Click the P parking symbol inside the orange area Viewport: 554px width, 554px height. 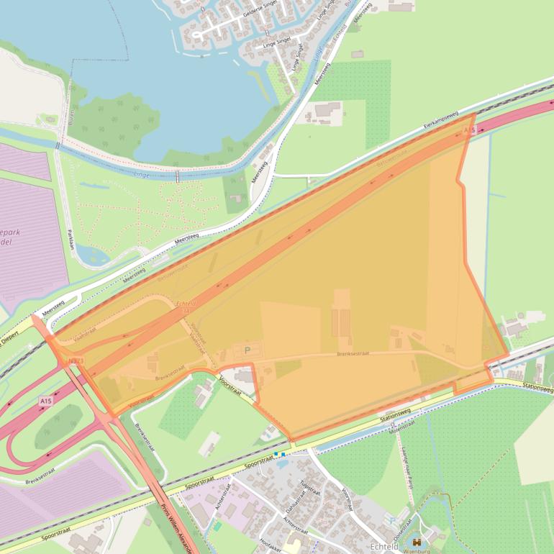248,350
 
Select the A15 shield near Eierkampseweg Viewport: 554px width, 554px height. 470,130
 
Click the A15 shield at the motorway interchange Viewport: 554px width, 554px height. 46,400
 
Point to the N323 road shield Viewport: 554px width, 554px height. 76,360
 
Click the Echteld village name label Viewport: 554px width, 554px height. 384,548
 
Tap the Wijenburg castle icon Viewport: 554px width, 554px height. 417,542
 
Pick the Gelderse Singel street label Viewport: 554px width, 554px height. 260,12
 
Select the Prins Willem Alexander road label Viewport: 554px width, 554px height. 176,527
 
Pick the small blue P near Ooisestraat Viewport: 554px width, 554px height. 391,520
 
